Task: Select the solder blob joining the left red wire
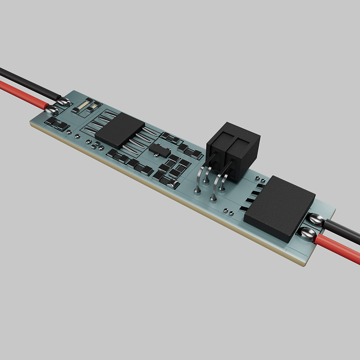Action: [x=50, y=109]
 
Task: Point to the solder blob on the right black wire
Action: [x=316, y=220]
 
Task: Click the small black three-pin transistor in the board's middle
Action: [x=158, y=149]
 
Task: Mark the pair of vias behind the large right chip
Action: [x=259, y=177]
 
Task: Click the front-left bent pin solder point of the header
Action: [x=197, y=191]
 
